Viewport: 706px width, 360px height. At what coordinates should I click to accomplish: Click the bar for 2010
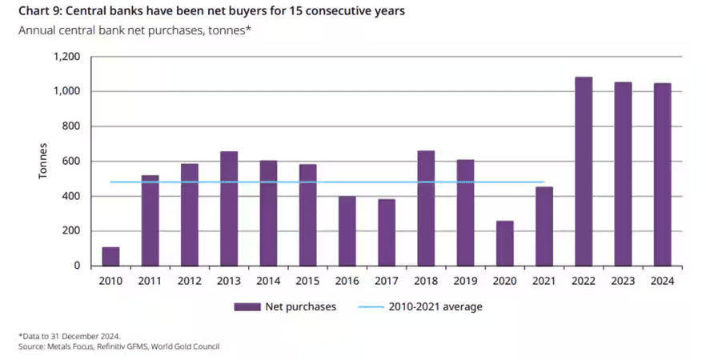click(x=110, y=257)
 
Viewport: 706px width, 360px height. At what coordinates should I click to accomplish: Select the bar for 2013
click(x=229, y=209)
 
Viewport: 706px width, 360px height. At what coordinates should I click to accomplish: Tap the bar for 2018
click(x=426, y=208)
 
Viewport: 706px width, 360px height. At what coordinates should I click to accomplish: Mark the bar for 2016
click(x=347, y=231)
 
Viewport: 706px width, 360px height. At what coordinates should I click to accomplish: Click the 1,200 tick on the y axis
click(x=67, y=57)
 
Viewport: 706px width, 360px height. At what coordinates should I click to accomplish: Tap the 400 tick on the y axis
click(x=72, y=196)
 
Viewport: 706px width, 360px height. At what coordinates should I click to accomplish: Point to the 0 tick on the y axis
click(x=78, y=266)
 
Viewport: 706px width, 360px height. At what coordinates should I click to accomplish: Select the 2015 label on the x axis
click(x=307, y=281)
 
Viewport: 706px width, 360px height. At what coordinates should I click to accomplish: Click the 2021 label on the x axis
click(x=544, y=281)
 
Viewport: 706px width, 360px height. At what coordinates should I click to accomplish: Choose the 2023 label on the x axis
click(x=623, y=281)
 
